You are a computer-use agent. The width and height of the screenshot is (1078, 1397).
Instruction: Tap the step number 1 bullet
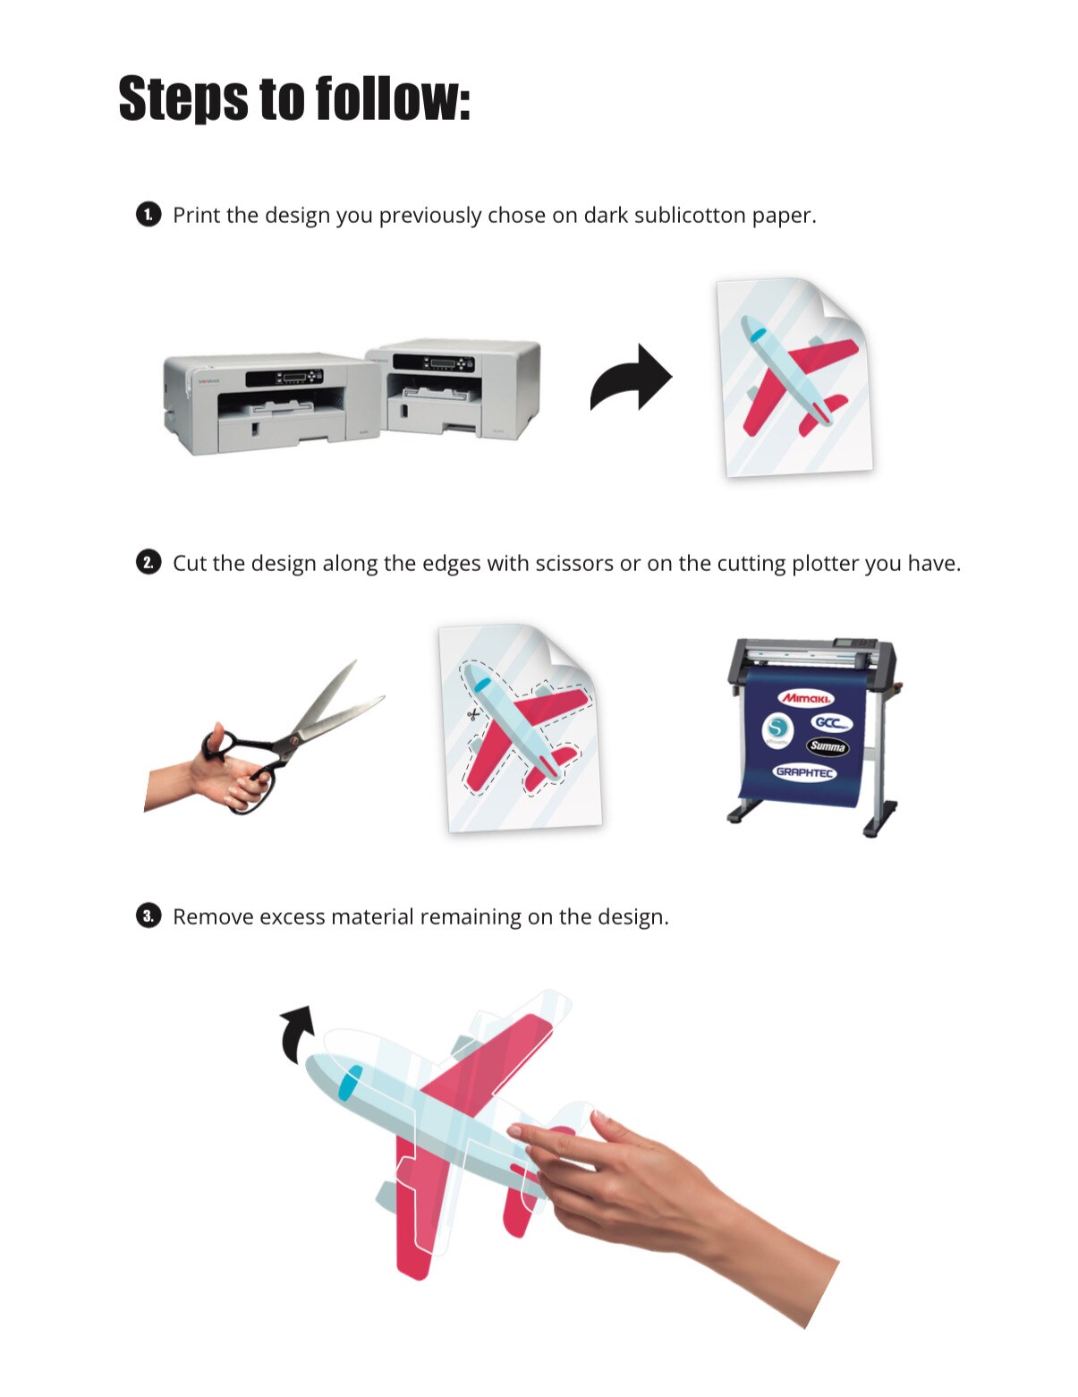pos(149,215)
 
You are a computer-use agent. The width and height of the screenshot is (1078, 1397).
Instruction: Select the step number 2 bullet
pos(149,562)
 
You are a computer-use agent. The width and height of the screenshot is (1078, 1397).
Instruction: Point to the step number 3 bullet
pos(149,916)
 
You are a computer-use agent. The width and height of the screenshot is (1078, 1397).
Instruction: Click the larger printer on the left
pos(268,403)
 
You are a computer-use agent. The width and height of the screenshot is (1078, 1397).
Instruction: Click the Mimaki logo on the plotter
pos(805,698)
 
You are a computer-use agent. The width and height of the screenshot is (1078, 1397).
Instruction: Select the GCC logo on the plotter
pos(831,722)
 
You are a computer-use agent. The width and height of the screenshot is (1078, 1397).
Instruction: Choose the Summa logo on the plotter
pos(827,745)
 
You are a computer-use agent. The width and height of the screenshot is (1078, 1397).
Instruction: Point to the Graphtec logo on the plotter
pos(804,771)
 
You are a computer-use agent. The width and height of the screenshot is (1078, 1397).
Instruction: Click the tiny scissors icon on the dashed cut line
pos(472,714)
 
